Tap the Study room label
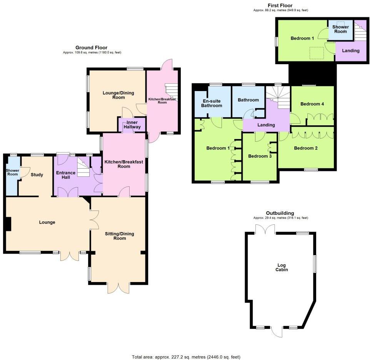point(37,175)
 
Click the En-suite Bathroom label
point(212,103)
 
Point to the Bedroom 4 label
point(312,104)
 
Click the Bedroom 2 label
point(305,148)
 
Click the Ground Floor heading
point(91,48)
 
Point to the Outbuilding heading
point(280,213)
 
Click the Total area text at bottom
point(186,357)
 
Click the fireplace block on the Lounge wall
point(8,224)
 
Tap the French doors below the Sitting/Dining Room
point(118,289)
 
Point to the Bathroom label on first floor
point(248,100)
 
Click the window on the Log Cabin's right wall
point(315,264)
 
